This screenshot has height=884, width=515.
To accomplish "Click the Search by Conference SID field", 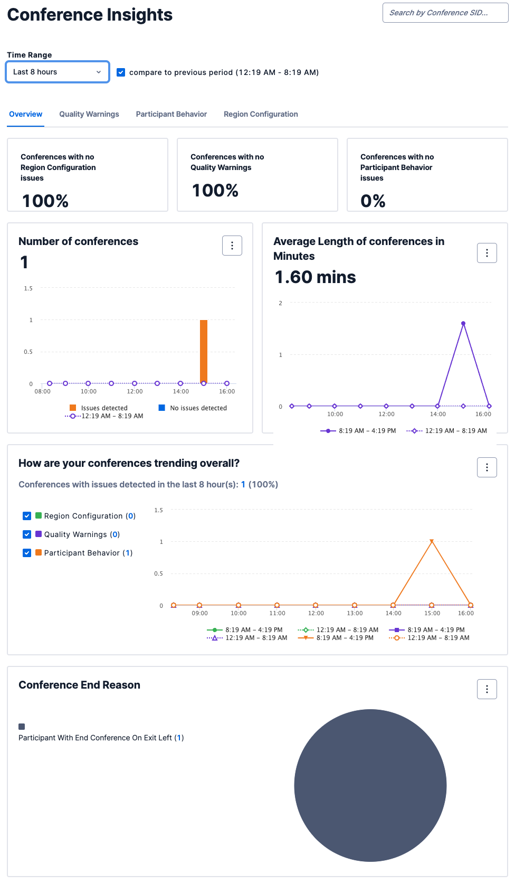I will coord(445,13).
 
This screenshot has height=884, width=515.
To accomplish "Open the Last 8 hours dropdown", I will coord(57,72).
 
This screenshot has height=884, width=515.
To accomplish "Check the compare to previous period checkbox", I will coord(121,72).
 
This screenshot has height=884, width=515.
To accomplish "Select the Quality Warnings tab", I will coord(89,114).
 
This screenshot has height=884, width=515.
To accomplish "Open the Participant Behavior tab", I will coord(171,114).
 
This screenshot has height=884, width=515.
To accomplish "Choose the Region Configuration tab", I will coord(261,114).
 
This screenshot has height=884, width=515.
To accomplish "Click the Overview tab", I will coord(26,114).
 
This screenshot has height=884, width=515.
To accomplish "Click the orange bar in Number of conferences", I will coord(204,351).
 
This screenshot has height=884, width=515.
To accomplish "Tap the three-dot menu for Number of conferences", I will coord(232,246).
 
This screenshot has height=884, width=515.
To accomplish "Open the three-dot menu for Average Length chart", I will coord(487,253).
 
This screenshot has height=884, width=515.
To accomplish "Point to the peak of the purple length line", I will coord(463,323).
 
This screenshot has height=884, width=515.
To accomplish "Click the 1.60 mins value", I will coord(316,277).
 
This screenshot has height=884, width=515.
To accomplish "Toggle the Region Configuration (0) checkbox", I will coord(27,516).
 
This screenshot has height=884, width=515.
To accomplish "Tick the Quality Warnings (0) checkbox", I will coord(27,534).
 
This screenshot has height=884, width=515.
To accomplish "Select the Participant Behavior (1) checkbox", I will coord(27,553).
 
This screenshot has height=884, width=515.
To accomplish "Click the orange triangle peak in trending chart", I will coord(432,542).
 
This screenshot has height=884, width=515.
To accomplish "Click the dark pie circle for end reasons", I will coord(370,785).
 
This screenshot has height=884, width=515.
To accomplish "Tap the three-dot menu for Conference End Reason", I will coord(487,689).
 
